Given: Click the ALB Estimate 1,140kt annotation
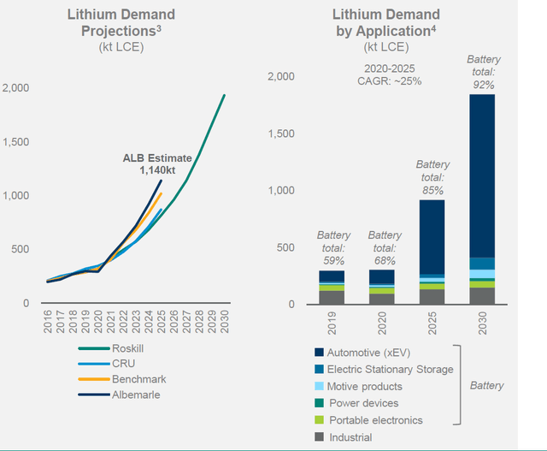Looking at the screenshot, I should pos(151,163).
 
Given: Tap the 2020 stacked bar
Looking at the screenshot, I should pos(382,287).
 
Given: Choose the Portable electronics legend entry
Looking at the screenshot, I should pos(376,419).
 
